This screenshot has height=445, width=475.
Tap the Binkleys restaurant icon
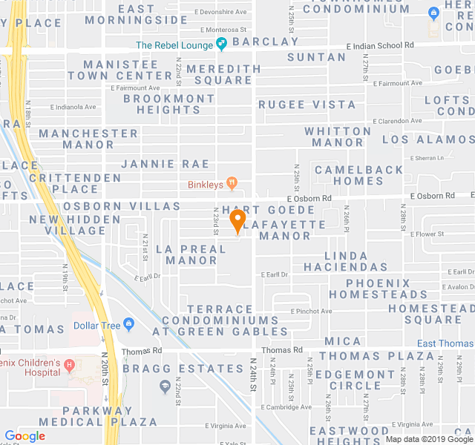[232, 181]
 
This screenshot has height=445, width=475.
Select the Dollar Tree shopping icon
[129, 323]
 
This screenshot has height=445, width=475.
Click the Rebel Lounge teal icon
[221, 44]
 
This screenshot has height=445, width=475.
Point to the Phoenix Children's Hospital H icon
[70, 364]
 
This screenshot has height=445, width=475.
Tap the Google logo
[25, 436]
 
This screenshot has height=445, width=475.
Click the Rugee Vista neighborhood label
[307, 105]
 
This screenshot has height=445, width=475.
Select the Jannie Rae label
[165, 164]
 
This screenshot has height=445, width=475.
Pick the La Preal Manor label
[191, 254]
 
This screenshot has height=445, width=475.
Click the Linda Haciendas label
[346, 261]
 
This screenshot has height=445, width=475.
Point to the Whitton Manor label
[338, 136]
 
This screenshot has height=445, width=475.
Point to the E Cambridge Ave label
[286, 407]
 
